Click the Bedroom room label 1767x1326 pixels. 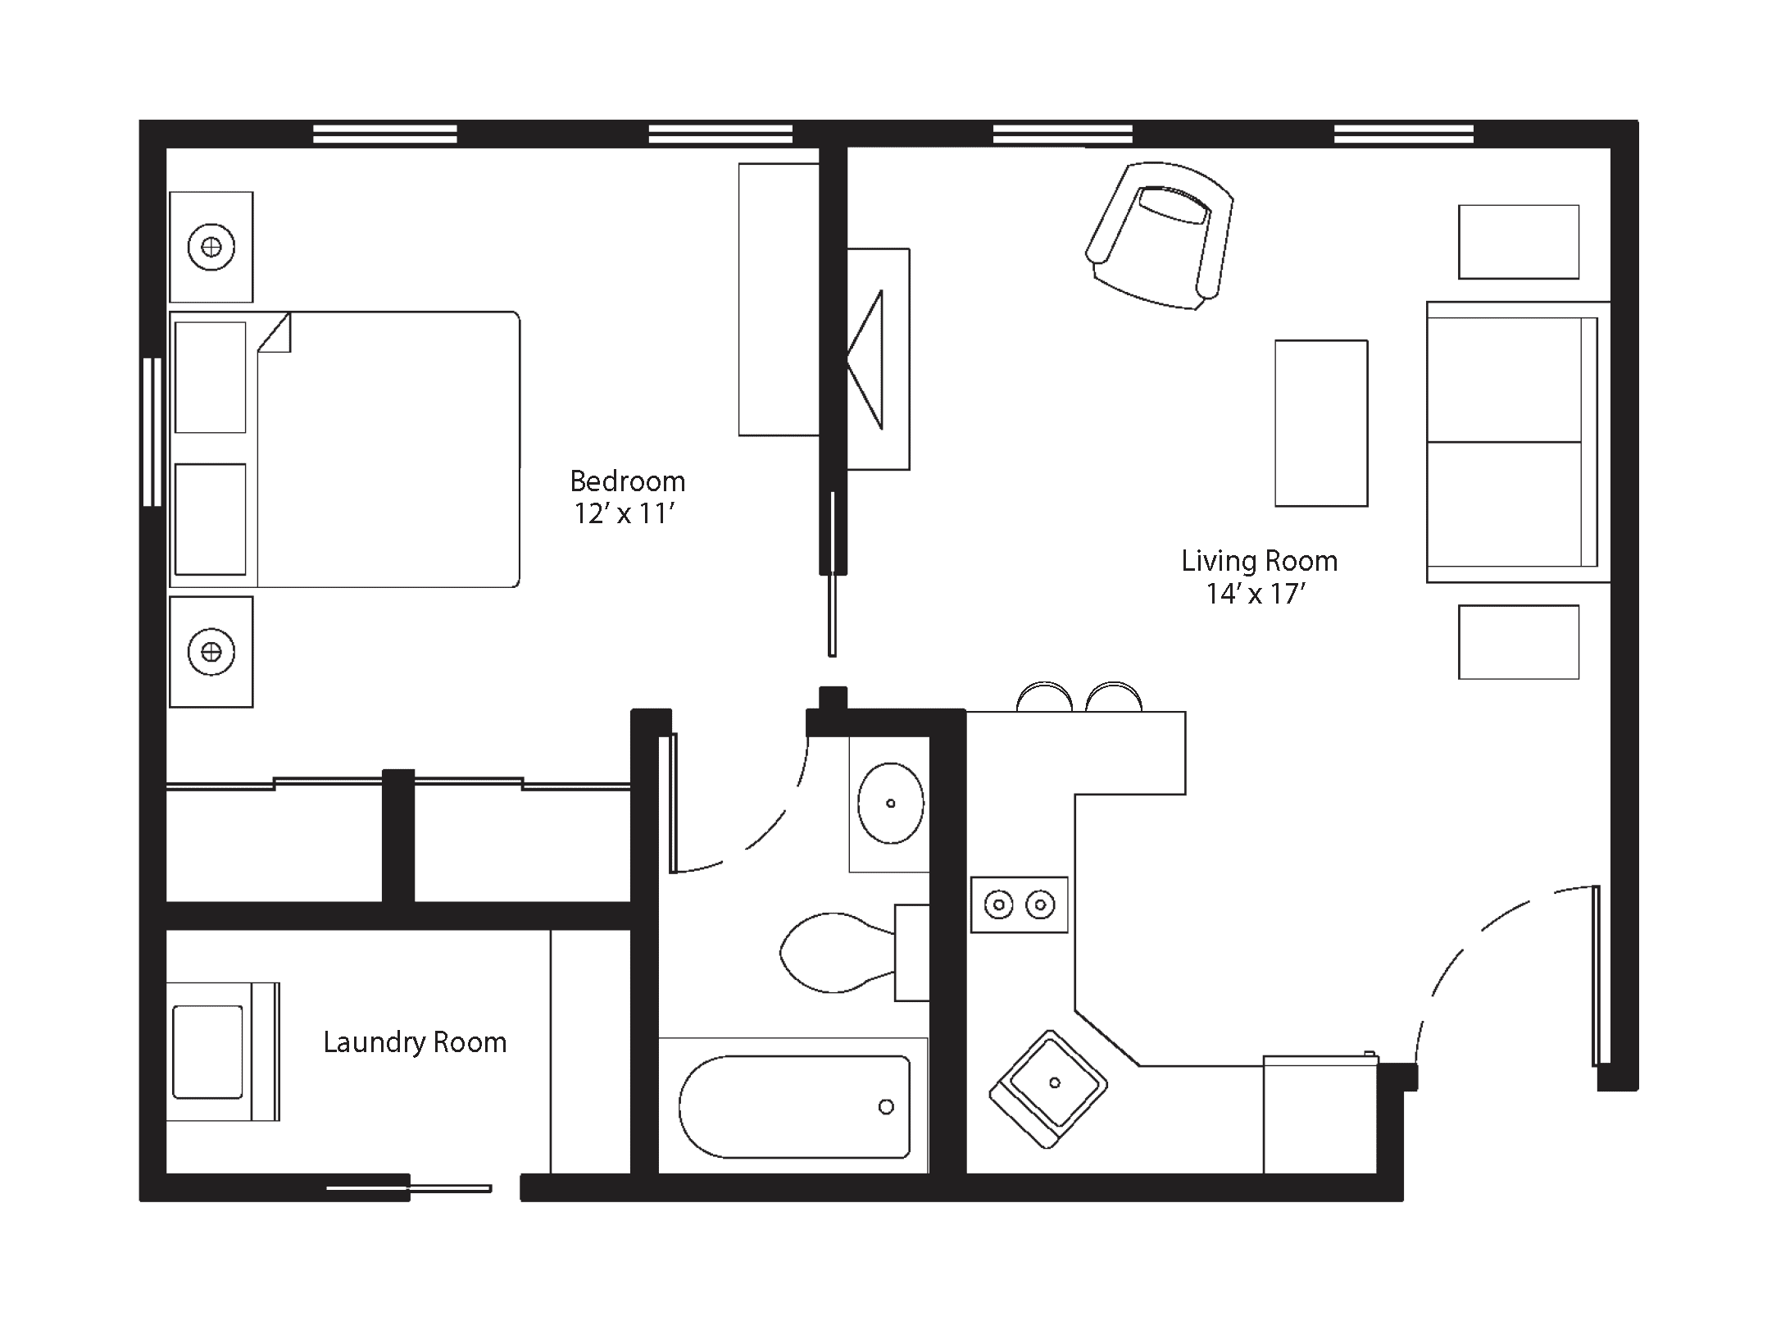(x=627, y=481)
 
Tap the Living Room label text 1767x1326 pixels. (x=1259, y=562)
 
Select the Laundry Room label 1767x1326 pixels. (x=415, y=1043)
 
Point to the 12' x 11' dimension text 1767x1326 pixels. (x=624, y=514)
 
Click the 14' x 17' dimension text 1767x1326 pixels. (x=1255, y=594)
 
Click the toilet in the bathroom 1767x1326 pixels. (x=852, y=953)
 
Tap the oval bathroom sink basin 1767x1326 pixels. (x=890, y=803)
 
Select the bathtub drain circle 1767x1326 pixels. (x=886, y=1107)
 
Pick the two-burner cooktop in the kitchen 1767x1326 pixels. (x=1020, y=905)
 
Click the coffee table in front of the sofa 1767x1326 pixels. (x=1321, y=423)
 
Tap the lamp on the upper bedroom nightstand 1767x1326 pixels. (x=211, y=246)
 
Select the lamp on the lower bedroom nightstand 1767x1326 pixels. (x=211, y=652)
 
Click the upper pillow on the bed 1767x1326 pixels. (x=211, y=377)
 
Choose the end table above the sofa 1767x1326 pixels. (x=1519, y=242)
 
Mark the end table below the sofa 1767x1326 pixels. (x=1519, y=642)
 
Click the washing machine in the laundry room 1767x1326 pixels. (x=223, y=1052)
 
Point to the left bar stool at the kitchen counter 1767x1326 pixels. (x=1044, y=697)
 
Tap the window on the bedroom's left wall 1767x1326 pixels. (x=152, y=432)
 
